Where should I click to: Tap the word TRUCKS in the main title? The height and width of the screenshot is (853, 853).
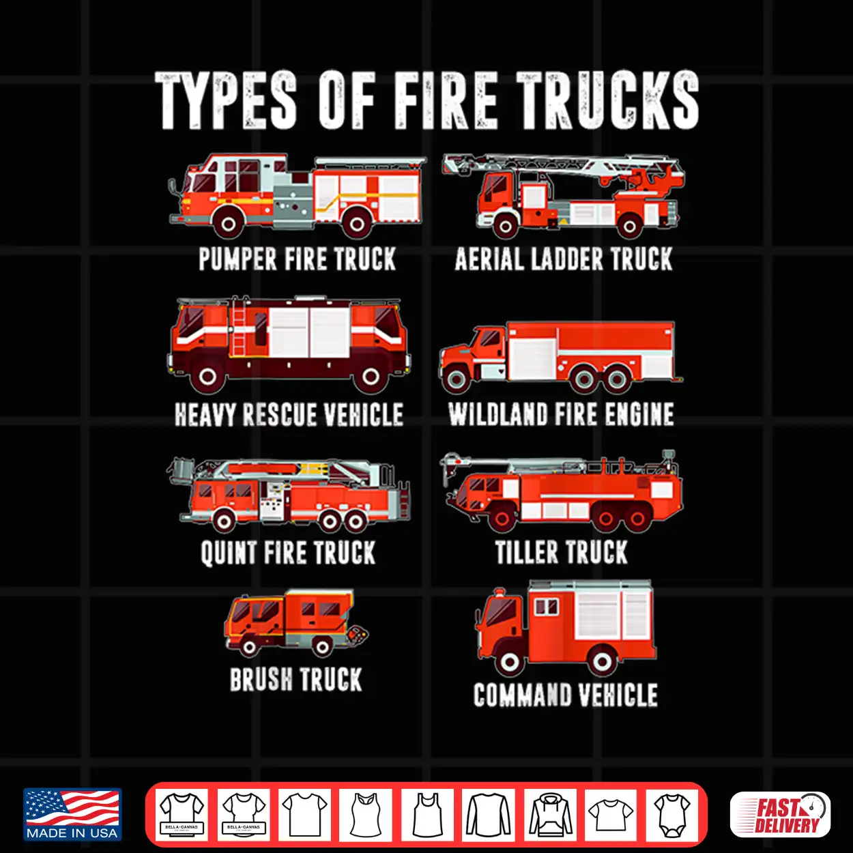click(607, 102)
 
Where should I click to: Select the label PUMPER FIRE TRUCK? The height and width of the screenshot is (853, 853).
click(297, 259)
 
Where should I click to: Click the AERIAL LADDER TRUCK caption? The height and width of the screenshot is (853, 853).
click(564, 259)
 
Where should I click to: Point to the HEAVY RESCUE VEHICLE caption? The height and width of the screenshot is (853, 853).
click(289, 415)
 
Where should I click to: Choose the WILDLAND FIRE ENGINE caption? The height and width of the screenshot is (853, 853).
click(562, 415)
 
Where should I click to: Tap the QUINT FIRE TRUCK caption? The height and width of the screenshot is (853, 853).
click(288, 553)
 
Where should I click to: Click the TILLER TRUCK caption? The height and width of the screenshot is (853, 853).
click(562, 552)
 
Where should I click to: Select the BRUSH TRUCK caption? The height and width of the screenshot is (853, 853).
click(295, 680)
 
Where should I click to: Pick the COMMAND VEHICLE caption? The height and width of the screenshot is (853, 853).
click(565, 695)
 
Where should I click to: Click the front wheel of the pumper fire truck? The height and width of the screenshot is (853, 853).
click(229, 224)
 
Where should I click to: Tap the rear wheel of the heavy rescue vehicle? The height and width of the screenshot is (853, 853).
click(371, 377)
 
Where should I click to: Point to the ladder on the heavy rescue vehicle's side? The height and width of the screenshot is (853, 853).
click(239, 327)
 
